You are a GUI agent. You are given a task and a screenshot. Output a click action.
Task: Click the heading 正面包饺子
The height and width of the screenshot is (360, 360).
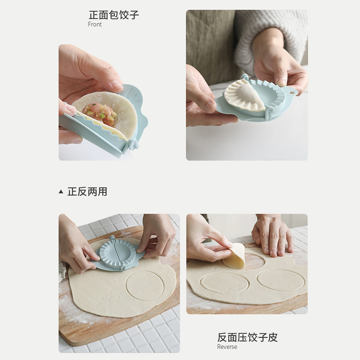pos(114,15)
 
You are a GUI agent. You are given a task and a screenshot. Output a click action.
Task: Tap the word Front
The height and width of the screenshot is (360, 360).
pos(95,24)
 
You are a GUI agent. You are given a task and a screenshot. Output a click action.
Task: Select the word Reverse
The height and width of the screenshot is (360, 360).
pos(227,346)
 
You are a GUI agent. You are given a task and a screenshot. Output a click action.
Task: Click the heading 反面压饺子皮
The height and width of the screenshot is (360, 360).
pos(247,337)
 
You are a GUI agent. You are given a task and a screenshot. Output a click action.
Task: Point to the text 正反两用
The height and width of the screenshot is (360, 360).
pos(87,192)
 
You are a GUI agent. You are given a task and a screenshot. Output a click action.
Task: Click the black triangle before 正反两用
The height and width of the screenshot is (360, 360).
pos(61,192)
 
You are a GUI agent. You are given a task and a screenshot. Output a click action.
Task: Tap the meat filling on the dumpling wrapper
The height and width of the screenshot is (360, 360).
pos(99,114)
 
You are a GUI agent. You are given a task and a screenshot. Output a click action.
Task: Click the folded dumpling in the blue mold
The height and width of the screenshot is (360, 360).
pos(244,95)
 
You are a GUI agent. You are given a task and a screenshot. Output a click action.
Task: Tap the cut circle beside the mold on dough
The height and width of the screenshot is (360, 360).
pos(144,286)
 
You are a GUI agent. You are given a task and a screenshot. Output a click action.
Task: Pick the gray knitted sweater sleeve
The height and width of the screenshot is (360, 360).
pos(271,35)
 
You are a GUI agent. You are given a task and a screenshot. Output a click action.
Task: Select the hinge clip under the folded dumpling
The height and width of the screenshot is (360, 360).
pos(269,113)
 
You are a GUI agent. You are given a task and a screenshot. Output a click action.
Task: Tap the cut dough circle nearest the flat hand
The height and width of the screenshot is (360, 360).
pos(281,280)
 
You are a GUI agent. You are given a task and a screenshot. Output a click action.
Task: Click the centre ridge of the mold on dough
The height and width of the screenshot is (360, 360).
pos(117,254)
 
